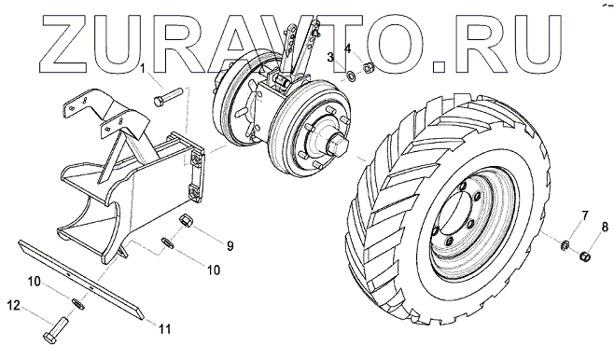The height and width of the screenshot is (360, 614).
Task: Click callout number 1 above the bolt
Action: tap(143, 69)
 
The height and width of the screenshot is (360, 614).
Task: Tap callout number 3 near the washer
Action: tap(331, 58)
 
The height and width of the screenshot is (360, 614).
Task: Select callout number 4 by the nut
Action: tap(348, 48)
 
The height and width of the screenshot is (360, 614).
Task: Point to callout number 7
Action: tap(585, 215)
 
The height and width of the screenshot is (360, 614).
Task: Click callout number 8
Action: tap(605, 227)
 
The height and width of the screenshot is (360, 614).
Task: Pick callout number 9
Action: tap(230, 245)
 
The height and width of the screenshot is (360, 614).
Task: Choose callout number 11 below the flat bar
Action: tap(164, 329)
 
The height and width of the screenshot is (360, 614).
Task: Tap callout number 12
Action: tap(14, 305)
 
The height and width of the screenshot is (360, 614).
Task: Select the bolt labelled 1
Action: tap(168, 97)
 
